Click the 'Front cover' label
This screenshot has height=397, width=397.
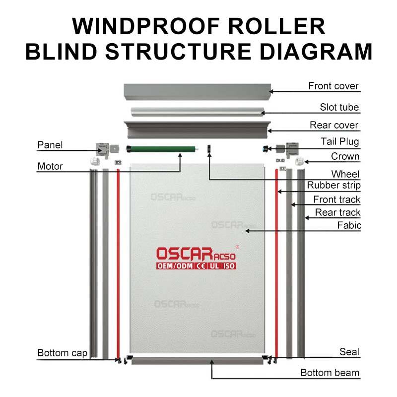point(333,86)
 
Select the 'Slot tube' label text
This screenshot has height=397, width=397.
point(339,107)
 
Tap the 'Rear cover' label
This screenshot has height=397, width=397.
point(333,125)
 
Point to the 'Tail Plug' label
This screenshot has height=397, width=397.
point(339,142)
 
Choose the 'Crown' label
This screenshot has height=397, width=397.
point(345,157)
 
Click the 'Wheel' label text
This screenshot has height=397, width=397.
point(345,174)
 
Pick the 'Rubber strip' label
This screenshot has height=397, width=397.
point(333,186)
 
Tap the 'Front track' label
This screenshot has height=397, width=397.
point(336,199)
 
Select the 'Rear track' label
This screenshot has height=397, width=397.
point(338,213)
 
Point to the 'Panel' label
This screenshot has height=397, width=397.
point(50,145)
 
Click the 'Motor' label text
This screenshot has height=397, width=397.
point(50,166)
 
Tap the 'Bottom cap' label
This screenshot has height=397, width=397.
point(63,353)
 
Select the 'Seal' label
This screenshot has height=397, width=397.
point(349,352)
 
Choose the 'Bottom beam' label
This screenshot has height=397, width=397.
point(330,373)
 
